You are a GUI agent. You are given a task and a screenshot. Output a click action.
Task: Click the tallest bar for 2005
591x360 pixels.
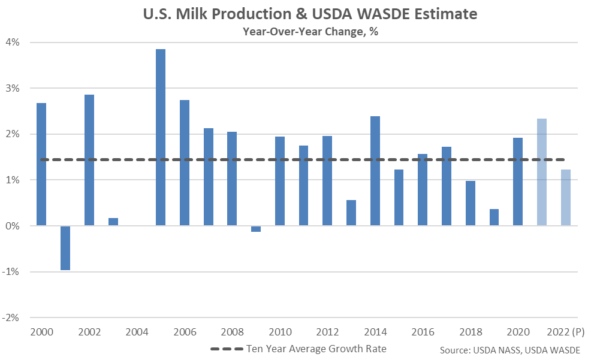[161, 137]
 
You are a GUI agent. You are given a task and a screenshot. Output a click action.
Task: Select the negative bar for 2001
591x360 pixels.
[65, 248]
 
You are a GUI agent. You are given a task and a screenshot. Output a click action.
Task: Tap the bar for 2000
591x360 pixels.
[41, 164]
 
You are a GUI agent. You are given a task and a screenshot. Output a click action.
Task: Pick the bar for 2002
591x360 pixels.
[89, 160]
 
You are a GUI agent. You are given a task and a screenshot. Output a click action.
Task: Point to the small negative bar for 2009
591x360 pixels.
[256, 229]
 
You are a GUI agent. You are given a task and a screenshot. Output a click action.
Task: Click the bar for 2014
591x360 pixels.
[375, 171]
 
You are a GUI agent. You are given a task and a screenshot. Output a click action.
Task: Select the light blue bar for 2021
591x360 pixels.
[542, 172]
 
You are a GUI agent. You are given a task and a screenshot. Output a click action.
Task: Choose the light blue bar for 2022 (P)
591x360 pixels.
[566, 197]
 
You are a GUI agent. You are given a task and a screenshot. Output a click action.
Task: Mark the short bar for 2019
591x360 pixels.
[494, 217]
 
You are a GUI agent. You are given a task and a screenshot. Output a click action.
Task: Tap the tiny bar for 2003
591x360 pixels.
[113, 222]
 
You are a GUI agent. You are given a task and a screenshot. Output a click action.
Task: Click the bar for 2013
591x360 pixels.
[351, 213]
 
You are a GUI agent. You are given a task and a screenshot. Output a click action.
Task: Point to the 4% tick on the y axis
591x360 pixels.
[13, 42]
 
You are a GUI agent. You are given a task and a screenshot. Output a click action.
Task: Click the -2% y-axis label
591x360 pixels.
[11, 317]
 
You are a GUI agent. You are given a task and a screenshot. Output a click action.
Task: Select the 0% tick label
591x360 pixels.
[13, 226]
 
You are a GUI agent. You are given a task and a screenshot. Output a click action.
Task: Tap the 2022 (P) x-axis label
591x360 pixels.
[565, 332]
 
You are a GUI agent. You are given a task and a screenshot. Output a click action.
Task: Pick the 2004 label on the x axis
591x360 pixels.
[137, 332]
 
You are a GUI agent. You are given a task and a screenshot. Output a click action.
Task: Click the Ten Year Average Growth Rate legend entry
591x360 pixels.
[298, 349]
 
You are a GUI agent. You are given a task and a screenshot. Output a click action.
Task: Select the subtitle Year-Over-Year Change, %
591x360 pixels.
[310, 31]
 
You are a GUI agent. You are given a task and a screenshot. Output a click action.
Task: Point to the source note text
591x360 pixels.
[510, 350]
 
